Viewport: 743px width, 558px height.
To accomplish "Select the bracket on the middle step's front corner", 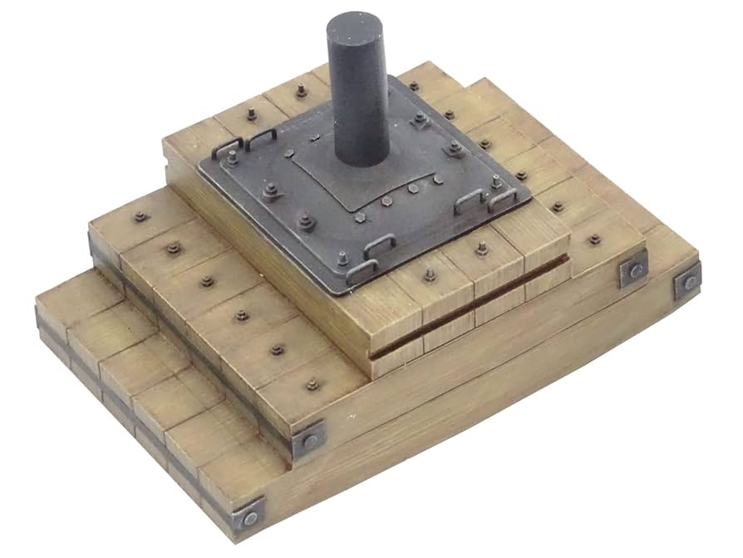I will tap(309, 440).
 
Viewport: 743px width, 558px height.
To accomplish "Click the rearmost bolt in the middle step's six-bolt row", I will tap(140, 217).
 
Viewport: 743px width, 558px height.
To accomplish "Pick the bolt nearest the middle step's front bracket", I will tap(312, 385).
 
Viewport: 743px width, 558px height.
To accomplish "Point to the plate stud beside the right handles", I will tap(496, 182).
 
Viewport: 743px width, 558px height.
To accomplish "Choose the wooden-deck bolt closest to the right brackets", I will tap(594, 240).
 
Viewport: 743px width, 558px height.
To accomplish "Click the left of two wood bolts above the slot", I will tap(430, 276).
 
